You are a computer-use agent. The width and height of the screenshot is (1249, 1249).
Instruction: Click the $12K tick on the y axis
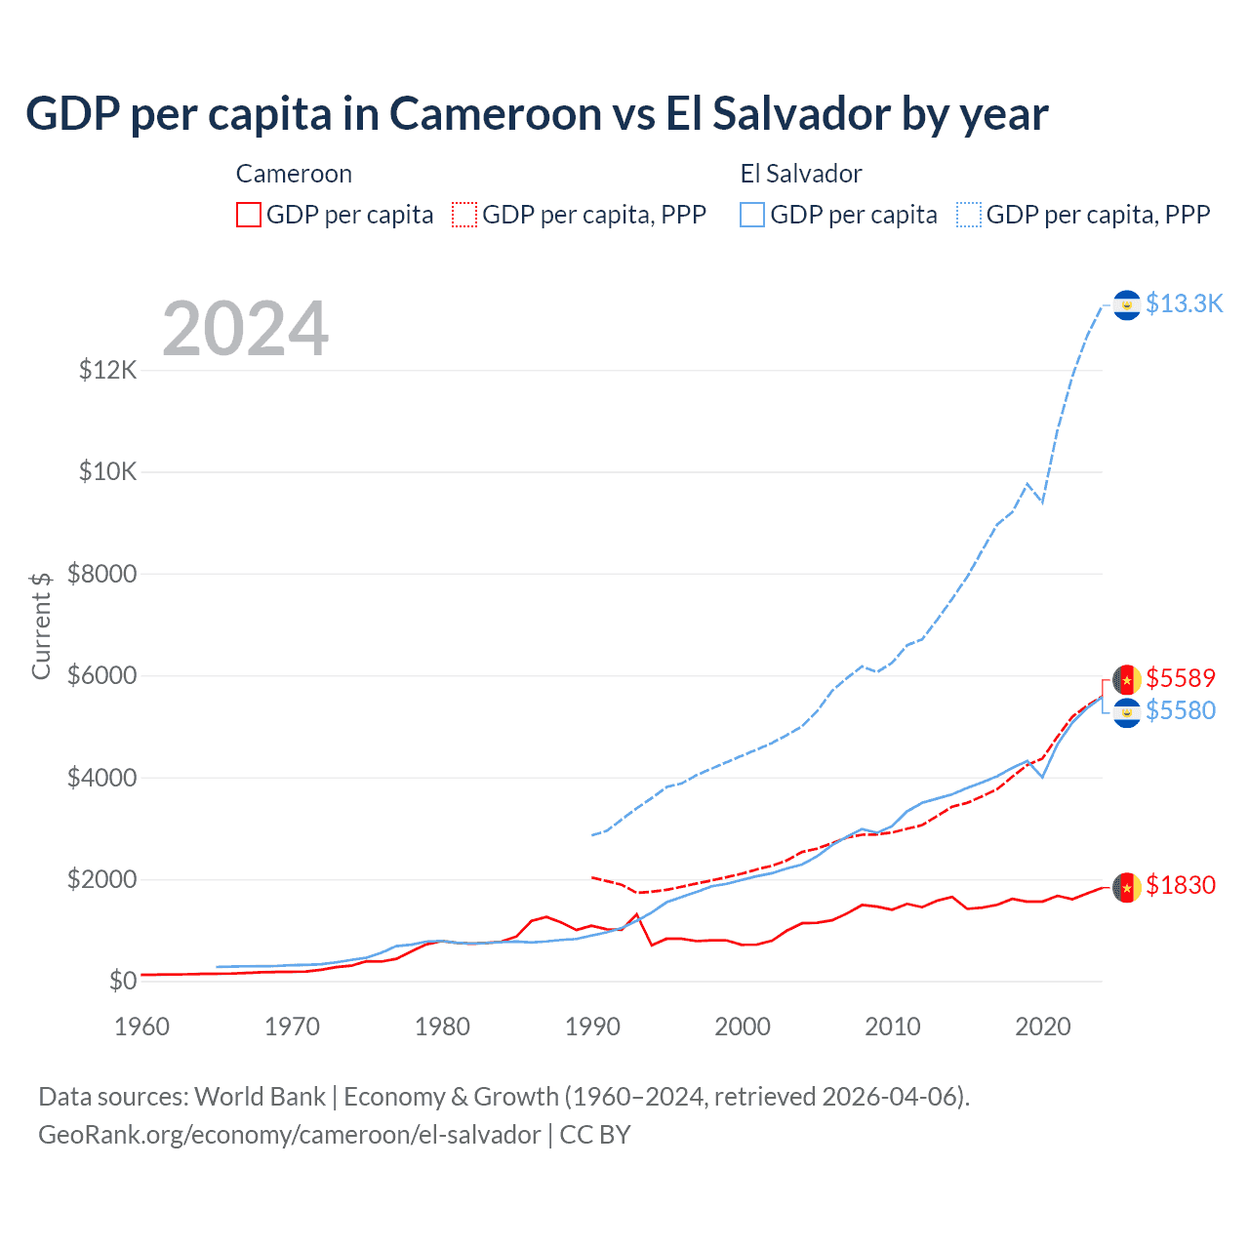tap(107, 371)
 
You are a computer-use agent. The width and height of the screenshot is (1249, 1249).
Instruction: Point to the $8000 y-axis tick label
tap(102, 574)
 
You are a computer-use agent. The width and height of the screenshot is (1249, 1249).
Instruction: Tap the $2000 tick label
tap(102, 879)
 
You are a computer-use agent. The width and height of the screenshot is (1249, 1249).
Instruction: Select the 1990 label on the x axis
tap(592, 1027)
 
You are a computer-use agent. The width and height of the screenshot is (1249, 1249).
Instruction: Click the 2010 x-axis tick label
tap(893, 1027)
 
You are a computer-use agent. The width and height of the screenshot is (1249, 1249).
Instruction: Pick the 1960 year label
tap(142, 1027)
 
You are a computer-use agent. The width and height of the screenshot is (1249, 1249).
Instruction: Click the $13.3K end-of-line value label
tap(1184, 304)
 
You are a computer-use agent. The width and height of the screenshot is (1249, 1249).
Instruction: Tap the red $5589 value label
tap(1181, 678)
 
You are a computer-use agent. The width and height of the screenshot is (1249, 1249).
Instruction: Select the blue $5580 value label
tap(1181, 710)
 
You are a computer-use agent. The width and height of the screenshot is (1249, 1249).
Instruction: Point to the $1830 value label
tap(1181, 885)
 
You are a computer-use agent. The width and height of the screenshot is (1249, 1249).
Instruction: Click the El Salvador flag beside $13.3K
tap(1127, 305)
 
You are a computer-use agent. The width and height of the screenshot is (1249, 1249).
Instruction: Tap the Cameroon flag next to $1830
tap(1127, 887)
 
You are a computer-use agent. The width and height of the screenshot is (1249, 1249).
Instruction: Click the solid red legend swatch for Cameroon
tap(249, 215)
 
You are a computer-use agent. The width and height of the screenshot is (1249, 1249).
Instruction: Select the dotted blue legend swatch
tap(969, 215)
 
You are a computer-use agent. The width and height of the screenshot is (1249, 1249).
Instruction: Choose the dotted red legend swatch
tap(464, 215)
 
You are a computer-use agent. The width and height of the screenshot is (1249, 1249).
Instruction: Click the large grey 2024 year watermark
tap(246, 329)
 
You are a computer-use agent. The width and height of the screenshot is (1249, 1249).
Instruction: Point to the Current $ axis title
tap(41, 625)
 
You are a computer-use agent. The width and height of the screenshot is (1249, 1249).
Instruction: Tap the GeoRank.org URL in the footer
tap(289, 1135)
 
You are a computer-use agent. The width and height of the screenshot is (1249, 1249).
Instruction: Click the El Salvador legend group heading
tap(801, 174)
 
